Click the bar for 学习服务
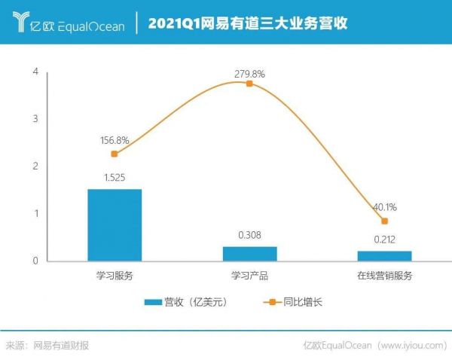pos(115,224)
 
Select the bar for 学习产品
pos(249,254)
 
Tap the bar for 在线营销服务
pos(384,256)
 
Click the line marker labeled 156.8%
pos(115,154)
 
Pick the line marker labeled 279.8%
pos(249,84)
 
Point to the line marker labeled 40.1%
pos(384,221)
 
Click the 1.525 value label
pos(115,178)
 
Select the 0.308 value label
pos(249,236)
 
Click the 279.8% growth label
pos(249,73)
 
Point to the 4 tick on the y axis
pos(35,72)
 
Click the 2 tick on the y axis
pos(35,166)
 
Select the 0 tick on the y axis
pos(35,261)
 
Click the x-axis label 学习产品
pos(249,276)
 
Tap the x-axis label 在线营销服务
pos(384,276)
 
